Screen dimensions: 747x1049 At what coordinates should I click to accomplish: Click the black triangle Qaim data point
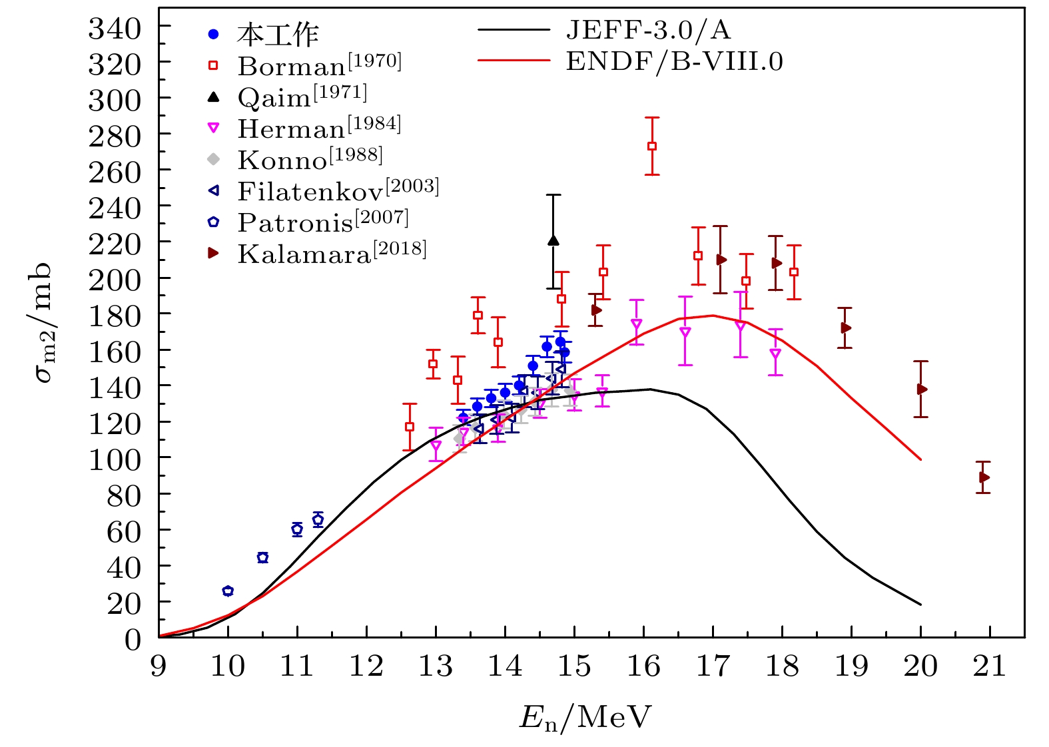[x=553, y=240]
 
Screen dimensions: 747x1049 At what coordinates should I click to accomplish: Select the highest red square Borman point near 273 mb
[x=652, y=146]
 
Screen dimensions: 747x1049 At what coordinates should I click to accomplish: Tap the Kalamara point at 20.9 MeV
[x=984, y=477]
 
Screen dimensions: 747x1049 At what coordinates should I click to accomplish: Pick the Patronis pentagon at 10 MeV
[x=228, y=591]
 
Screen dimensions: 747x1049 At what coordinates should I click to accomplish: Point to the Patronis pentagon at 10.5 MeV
[x=262, y=558]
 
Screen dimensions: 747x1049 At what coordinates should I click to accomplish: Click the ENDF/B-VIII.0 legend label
[x=674, y=61]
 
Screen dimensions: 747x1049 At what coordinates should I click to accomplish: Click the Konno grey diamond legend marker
[x=213, y=159]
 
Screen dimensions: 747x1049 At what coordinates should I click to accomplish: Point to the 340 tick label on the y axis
[x=115, y=29]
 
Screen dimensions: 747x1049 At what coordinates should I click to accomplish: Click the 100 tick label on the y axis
[x=115, y=459]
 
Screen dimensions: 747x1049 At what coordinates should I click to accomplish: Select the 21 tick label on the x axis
[x=989, y=666]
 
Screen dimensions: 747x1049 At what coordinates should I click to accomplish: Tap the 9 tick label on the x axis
[x=159, y=666]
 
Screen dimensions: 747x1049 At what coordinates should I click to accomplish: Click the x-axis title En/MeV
[x=585, y=718]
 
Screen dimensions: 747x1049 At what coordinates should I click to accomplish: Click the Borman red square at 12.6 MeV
[x=410, y=427]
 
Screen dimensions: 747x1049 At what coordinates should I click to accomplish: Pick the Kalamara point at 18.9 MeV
[x=846, y=328]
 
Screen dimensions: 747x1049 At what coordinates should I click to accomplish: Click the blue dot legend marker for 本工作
[x=213, y=34]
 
